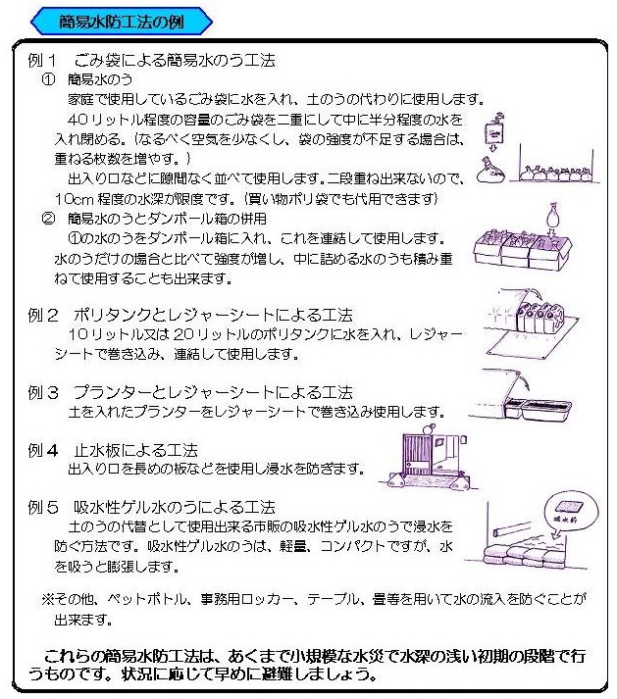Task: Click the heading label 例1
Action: [x=45, y=61]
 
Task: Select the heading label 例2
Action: [x=45, y=315]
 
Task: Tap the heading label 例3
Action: [x=45, y=392]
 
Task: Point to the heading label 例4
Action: [x=45, y=451]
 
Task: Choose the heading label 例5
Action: [x=45, y=508]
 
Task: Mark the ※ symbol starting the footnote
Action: [x=46, y=598]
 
